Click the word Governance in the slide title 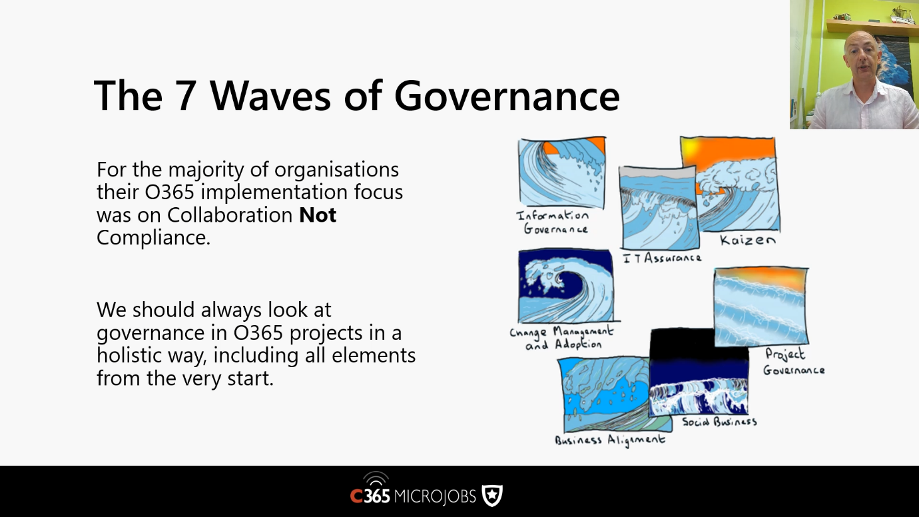click(507, 95)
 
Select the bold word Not click(318, 215)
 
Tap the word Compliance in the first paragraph click(153, 238)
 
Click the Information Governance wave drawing click(562, 173)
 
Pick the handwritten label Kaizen click(747, 240)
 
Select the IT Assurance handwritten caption click(662, 258)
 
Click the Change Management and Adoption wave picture click(566, 286)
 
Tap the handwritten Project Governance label click(793, 362)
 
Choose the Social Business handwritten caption click(719, 422)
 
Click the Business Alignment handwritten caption click(609, 440)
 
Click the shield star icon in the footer click(492, 495)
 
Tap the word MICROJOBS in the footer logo click(435, 496)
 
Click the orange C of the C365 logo click(356, 496)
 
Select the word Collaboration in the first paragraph click(230, 215)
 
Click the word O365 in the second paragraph click(258, 332)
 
